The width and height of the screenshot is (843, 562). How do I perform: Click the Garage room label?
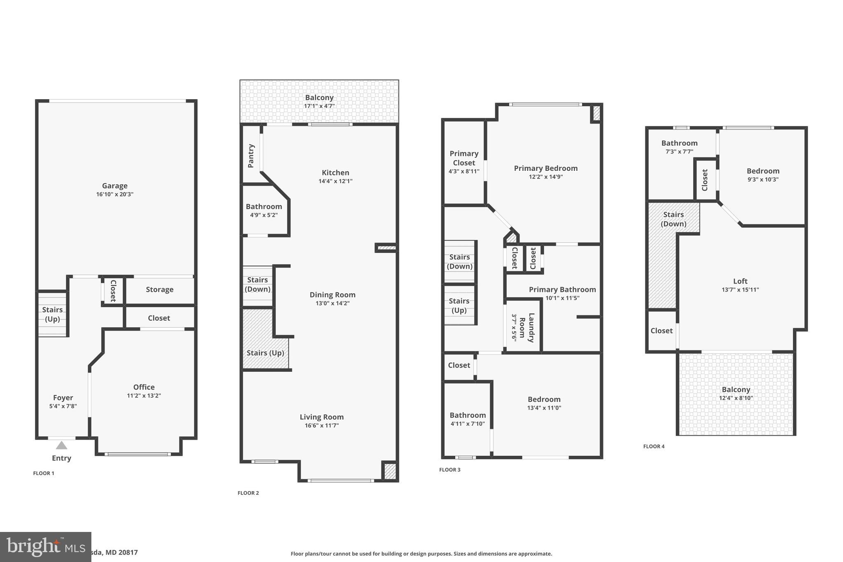(x=114, y=186)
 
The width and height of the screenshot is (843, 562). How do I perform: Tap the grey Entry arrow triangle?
(x=61, y=445)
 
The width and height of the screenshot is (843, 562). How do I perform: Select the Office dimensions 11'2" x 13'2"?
(x=144, y=396)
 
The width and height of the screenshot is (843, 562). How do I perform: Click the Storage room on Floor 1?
(x=159, y=289)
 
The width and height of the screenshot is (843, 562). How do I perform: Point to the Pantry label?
(x=251, y=156)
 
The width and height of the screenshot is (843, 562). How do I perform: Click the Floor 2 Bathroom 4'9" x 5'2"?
(x=264, y=210)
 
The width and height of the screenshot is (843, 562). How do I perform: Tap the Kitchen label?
(x=335, y=173)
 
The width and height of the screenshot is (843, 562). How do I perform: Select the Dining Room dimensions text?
(x=332, y=303)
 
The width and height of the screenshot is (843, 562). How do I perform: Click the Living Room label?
(x=321, y=417)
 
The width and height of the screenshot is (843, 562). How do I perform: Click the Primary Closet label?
(x=464, y=158)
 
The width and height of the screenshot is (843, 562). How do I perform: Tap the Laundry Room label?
(x=526, y=328)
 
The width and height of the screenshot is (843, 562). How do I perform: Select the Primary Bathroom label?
(x=562, y=289)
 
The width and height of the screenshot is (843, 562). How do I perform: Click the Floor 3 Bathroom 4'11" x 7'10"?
(x=468, y=419)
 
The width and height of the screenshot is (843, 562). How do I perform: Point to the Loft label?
(x=740, y=281)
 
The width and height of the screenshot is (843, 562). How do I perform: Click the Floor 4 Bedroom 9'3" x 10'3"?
(x=763, y=175)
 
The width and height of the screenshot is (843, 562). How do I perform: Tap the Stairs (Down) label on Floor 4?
(x=673, y=219)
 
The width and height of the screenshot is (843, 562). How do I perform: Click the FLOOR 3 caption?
(x=449, y=469)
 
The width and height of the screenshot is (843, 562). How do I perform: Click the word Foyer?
(x=63, y=398)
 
